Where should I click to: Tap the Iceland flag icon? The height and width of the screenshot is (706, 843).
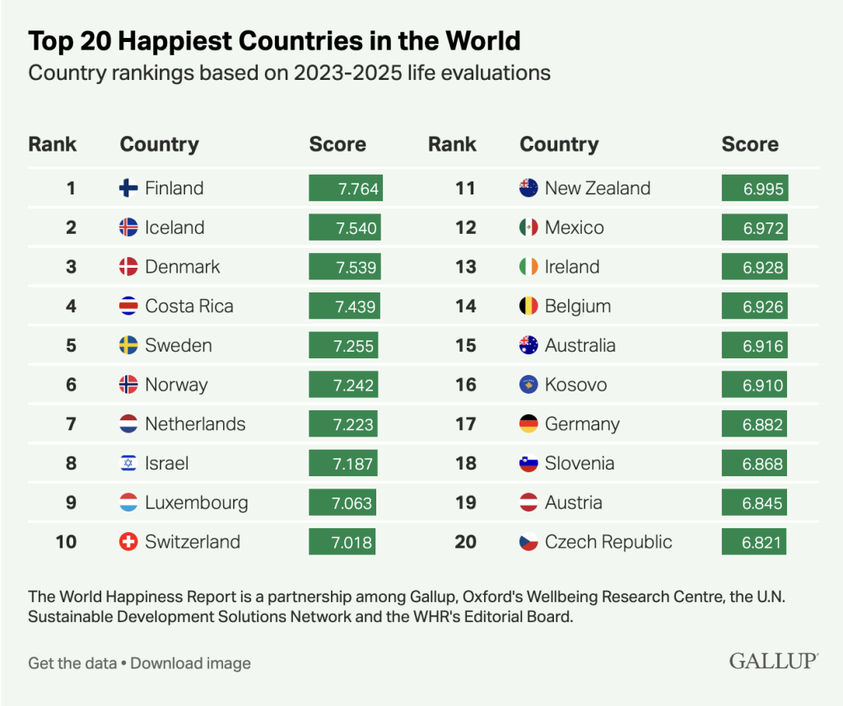[x=128, y=227]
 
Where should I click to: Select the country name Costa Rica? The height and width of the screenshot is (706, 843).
[x=189, y=306]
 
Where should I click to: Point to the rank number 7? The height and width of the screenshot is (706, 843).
[x=71, y=424]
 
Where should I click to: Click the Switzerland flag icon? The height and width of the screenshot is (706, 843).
[x=128, y=542]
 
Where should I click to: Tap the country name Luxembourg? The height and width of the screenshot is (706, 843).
[x=196, y=503]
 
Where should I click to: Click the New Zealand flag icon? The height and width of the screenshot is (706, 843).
[x=529, y=189]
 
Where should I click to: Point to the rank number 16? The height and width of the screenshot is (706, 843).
[x=465, y=385]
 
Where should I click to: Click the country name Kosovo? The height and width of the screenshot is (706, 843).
[x=575, y=385]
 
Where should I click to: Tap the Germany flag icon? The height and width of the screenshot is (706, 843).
[x=529, y=424]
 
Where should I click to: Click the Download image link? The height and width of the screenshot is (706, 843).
[x=190, y=663]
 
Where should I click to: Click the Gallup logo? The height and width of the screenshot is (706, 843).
[x=773, y=661]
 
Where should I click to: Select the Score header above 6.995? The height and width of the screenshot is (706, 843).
[x=749, y=144]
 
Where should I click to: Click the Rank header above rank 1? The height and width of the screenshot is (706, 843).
[x=52, y=144]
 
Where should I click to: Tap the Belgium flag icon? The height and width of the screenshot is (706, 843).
[x=529, y=306]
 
